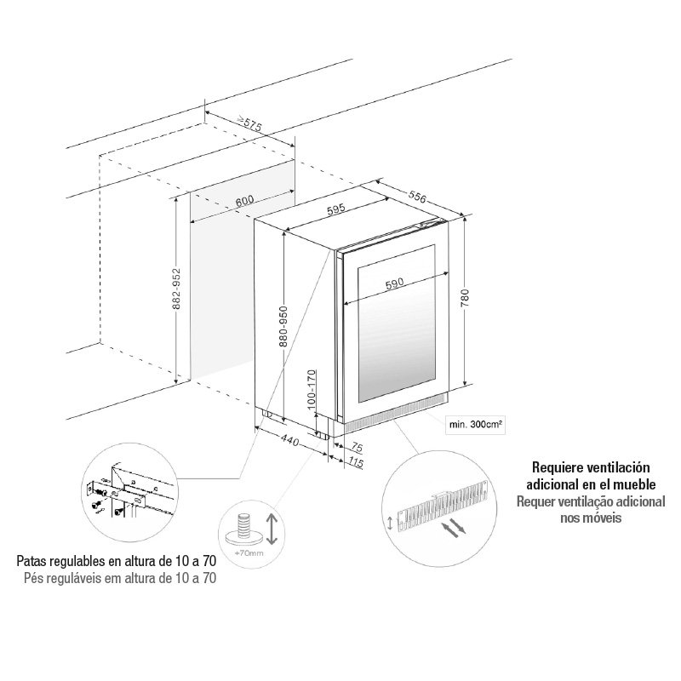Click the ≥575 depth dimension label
(x=249, y=124)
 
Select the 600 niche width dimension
(x=244, y=202)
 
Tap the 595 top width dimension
(x=335, y=209)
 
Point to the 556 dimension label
(x=417, y=196)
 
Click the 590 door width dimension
(x=394, y=286)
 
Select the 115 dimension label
(x=356, y=462)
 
